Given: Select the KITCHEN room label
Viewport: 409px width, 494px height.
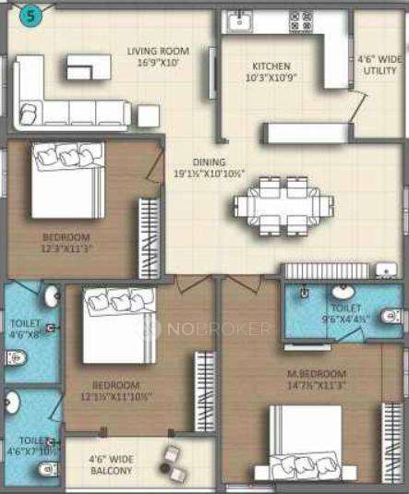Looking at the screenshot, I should point(271,66).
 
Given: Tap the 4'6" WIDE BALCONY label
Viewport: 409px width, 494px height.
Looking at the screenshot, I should point(110,464).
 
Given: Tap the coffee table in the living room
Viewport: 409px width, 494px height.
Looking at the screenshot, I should point(88,66).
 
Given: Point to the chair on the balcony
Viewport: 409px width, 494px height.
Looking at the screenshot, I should point(172,458).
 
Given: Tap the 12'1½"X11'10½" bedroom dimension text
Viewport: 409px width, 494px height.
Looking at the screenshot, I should point(115,396).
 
